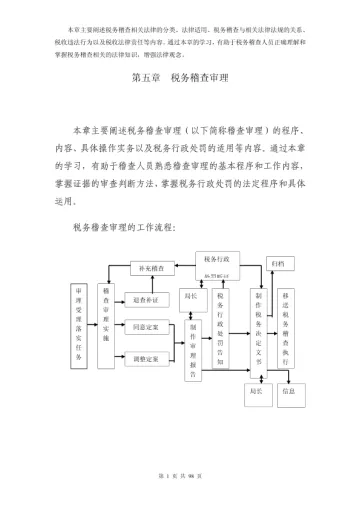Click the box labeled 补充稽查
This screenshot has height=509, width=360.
click(x=156, y=267)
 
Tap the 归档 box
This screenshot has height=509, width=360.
click(x=277, y=263)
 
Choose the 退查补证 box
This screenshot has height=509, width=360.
click(x=145, y=298)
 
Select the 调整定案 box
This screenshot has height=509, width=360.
click(x=145, y=357)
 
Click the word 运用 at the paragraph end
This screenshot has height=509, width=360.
click(x=82, y=199)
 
